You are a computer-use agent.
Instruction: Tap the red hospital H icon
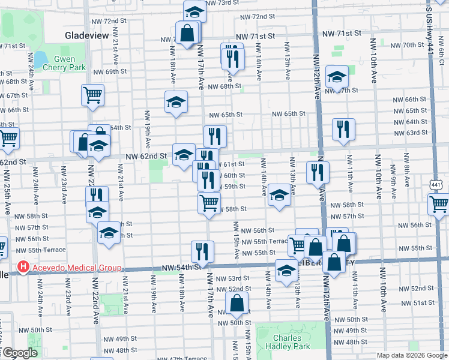pyautogui.click(x=23, y=267)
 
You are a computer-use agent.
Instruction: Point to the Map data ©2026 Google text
pyautogui.click(x=412, y=355)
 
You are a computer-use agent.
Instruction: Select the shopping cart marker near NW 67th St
pyautogui.click(x=93, y=95)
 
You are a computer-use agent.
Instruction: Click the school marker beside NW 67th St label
pyautogui.click(x=337, y=76)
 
